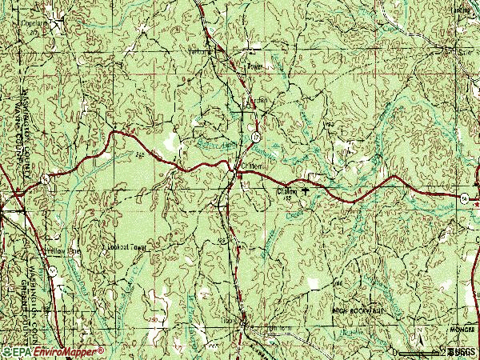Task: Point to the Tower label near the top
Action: click(254, 66)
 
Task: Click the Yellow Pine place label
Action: click(63, 251)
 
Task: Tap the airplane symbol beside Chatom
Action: click(305, 192)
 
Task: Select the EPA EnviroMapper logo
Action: click(53, 351)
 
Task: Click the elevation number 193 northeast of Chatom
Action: click(328, 126)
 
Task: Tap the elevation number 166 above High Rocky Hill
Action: click(338, 283)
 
